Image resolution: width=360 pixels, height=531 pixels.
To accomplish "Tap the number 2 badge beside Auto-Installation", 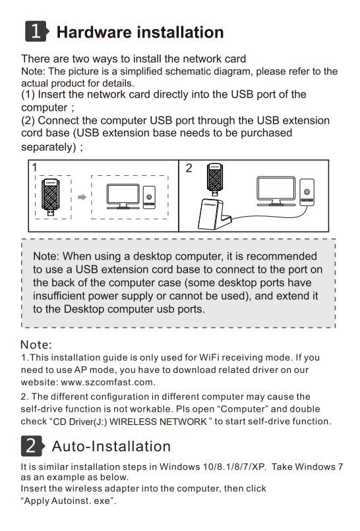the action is click(32, 445).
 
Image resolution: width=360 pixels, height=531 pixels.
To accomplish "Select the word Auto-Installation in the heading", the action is click(111, 446).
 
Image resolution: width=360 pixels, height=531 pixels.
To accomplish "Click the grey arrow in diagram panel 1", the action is click(82, 197).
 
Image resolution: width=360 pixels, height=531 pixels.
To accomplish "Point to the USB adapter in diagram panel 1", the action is click(51, 198).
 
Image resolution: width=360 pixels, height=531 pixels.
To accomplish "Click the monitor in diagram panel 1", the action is click(123, 196).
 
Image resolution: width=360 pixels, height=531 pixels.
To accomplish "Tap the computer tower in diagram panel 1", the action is click(149, 198).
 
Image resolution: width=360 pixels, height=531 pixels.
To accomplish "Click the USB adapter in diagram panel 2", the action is click(215, 179).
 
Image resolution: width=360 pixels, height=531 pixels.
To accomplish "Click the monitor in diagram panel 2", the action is click(276, 191).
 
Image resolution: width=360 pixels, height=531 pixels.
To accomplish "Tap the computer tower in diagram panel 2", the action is click(307, 192).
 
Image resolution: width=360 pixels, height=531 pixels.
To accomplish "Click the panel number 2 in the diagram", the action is click(189, 168).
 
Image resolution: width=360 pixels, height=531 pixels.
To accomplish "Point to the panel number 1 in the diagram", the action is click(34, 167).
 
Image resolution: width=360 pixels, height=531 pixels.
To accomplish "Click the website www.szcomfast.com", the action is click(107, 382).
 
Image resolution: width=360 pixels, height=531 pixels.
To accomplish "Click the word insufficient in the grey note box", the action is click(59, 296).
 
